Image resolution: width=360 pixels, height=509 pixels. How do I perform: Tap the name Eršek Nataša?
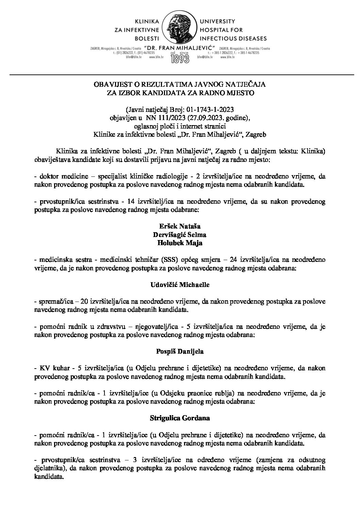tap(179, 226)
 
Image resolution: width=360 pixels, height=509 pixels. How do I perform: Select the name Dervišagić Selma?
tap(179, 235)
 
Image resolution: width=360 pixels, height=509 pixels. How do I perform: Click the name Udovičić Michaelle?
tap(180, 285)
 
